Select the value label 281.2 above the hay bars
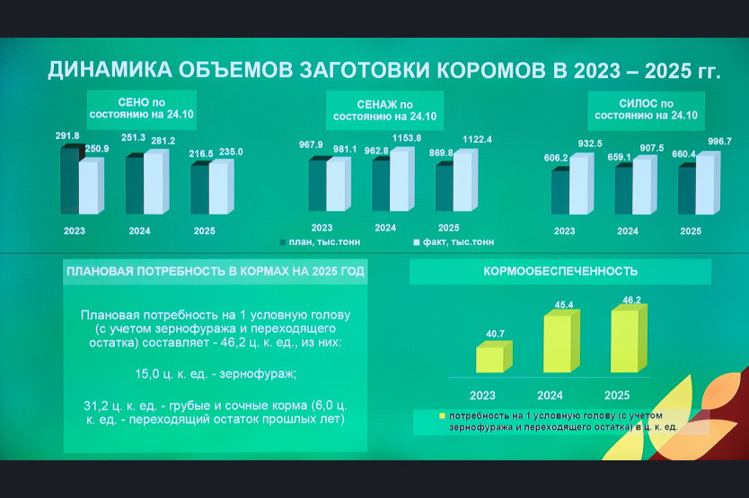click(x=163, y=141)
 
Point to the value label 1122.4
click(x=477, y=139)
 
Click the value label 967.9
click(x=311, y=144)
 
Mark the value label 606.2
click(x=556, y=158)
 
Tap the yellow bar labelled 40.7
click(x=494, y=356)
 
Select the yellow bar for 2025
click(x=629, y=338)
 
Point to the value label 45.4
click(x=564, y=304)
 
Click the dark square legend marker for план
click(x=282, y=242)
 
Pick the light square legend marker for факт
click(x=417, y=242)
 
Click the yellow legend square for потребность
click(x=442, y=415)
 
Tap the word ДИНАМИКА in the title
click(x=110, y=70)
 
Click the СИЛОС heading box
click(x=646, y=110)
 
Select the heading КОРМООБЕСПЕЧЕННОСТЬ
click(x=560, y=271)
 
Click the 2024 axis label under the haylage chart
click(x=385, y=228)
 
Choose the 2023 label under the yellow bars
click(x=482, y=396)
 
